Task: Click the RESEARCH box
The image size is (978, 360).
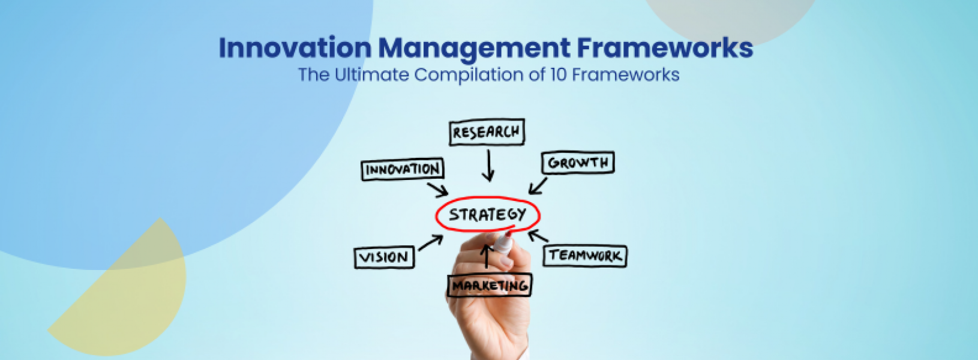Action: tap(487, 132)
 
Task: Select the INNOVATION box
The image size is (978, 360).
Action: tap(403, 169)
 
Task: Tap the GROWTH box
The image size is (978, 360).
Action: tap(578, 163)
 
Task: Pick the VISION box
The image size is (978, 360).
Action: tap(384, 257)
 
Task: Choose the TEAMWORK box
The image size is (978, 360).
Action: tap(585, 256)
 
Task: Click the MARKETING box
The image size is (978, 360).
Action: tap(490, 286)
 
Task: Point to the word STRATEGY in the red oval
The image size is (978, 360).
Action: tap(487, 214)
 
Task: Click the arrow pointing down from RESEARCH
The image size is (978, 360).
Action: tap(488, 165)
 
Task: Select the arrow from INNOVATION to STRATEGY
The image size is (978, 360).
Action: tap(437, 189)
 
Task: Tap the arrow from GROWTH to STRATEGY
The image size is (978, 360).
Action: tap(538, 185)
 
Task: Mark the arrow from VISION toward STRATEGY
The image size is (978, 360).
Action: tap(430, 243)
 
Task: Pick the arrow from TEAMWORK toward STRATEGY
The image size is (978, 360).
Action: tap(538, 236)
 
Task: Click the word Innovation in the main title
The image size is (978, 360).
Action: tap(295, 48)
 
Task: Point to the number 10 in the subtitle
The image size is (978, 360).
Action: tap(559, 75)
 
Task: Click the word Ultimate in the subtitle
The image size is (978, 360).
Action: tap(371, 75)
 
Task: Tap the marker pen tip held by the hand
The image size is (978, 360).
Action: tap(508, 235)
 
